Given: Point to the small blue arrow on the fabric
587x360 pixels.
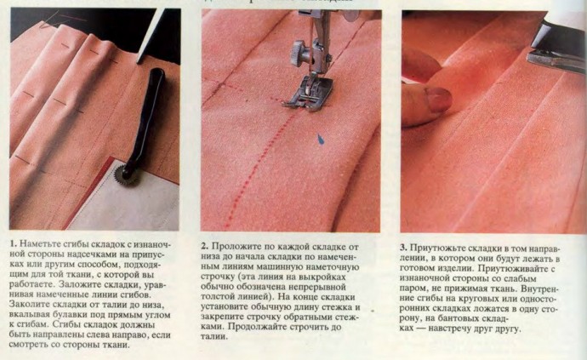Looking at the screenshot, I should click(321, 138).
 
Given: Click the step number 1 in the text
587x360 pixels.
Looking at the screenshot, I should click(11, 245).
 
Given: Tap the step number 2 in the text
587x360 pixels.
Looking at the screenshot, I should click(205, 245).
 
